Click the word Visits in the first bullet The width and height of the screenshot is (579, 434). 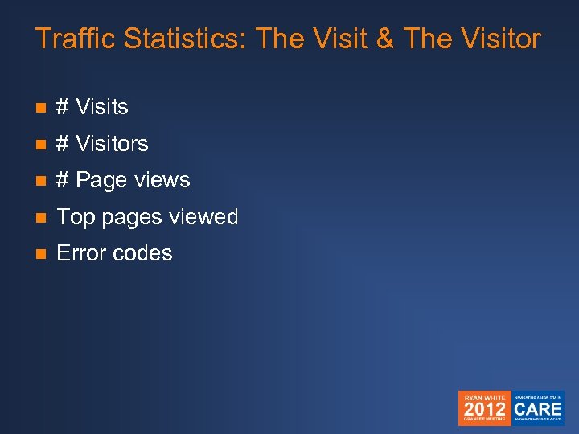click(102, 107)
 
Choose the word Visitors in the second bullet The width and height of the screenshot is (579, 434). click(112, 144)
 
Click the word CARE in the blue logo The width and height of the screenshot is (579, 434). click(538, 408)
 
